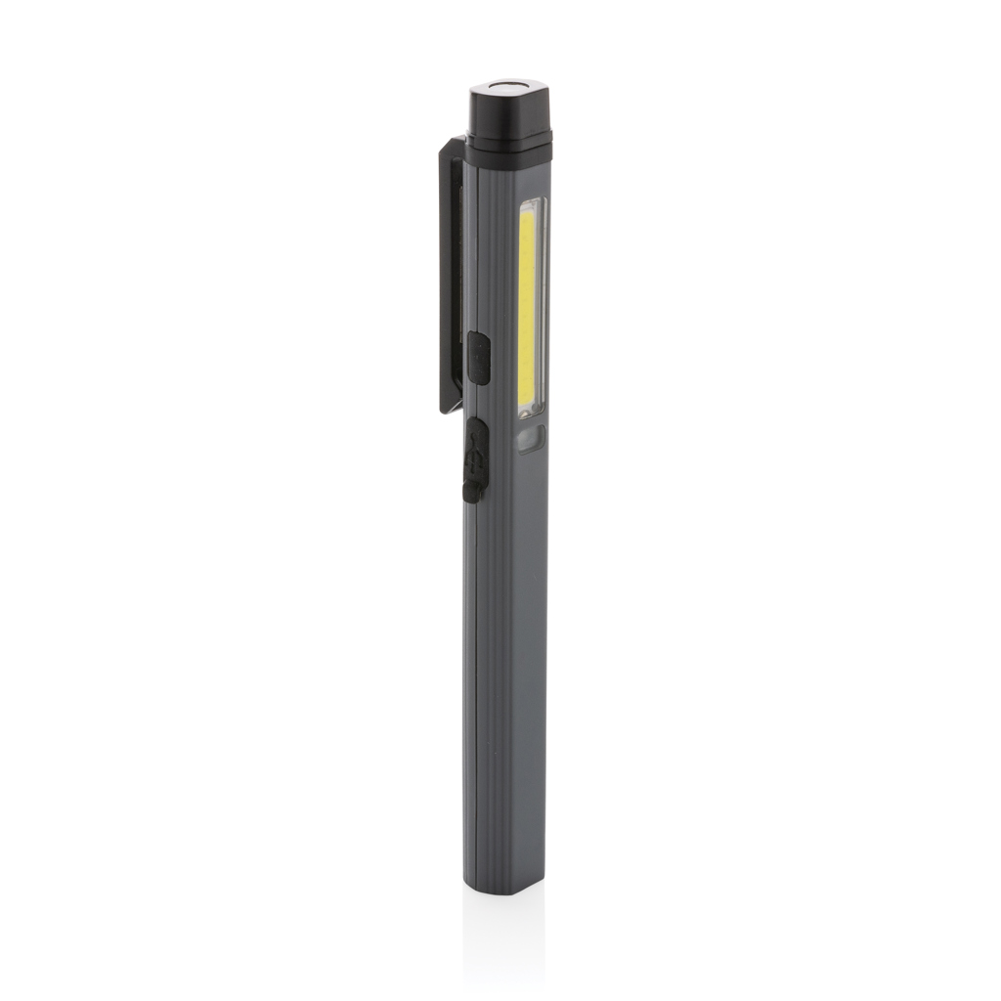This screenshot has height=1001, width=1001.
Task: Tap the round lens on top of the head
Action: tap(510, 91)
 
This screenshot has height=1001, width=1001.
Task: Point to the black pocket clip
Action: tap(451, 274)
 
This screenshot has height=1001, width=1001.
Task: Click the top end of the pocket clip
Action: tap(452, 145)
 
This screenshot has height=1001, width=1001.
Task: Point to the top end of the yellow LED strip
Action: tap(529, 214)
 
